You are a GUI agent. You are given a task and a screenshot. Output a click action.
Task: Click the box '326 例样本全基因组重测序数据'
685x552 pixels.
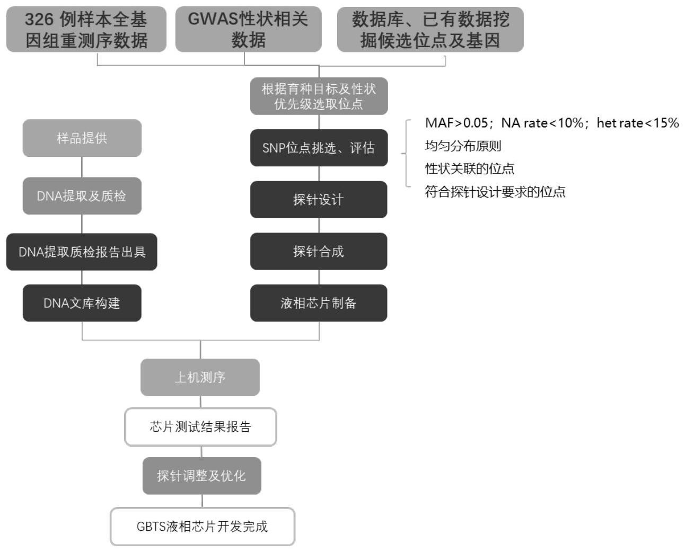pos(86,30)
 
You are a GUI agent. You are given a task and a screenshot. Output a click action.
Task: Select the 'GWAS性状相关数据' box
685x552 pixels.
pos(248,30)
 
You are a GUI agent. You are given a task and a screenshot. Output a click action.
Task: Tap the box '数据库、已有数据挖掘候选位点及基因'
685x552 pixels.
pos(430,30)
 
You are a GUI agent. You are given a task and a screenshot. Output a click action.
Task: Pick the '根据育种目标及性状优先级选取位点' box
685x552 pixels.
pos(319,96)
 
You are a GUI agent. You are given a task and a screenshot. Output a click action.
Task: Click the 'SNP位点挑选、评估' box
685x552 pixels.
pos(319,148)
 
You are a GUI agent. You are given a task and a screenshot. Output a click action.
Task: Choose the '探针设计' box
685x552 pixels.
pos(319,200)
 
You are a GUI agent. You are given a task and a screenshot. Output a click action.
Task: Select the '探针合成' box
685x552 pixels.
pos(319,251)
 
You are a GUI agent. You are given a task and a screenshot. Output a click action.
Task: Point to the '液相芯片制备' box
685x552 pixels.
pos(319,303)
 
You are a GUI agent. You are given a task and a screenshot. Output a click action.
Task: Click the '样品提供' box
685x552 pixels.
pos(82,138)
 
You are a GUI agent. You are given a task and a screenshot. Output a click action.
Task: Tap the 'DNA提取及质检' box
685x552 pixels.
pos(82,196)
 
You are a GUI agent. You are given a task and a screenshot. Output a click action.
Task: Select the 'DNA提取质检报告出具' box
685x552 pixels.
pos(82,252)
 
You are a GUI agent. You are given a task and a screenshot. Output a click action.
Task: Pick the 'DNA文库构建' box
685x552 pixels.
pos(82,303)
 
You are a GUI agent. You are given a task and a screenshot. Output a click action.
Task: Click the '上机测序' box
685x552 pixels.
pos(200,377)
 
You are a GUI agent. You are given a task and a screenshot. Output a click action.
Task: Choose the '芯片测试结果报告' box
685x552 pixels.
pos(200,427)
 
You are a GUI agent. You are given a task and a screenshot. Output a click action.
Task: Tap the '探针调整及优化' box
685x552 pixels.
pos(201,476)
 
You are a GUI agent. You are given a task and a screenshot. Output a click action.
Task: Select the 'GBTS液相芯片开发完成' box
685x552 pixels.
pos(202,527)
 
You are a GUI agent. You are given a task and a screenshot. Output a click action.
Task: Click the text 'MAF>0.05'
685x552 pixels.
pos(456,123)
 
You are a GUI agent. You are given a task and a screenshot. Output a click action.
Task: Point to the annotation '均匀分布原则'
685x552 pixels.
pos(463,146)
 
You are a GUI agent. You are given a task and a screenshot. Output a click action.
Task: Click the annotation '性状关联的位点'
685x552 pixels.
pos(469,168)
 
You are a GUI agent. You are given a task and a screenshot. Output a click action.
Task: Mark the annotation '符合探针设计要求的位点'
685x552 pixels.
pos(495,192)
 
